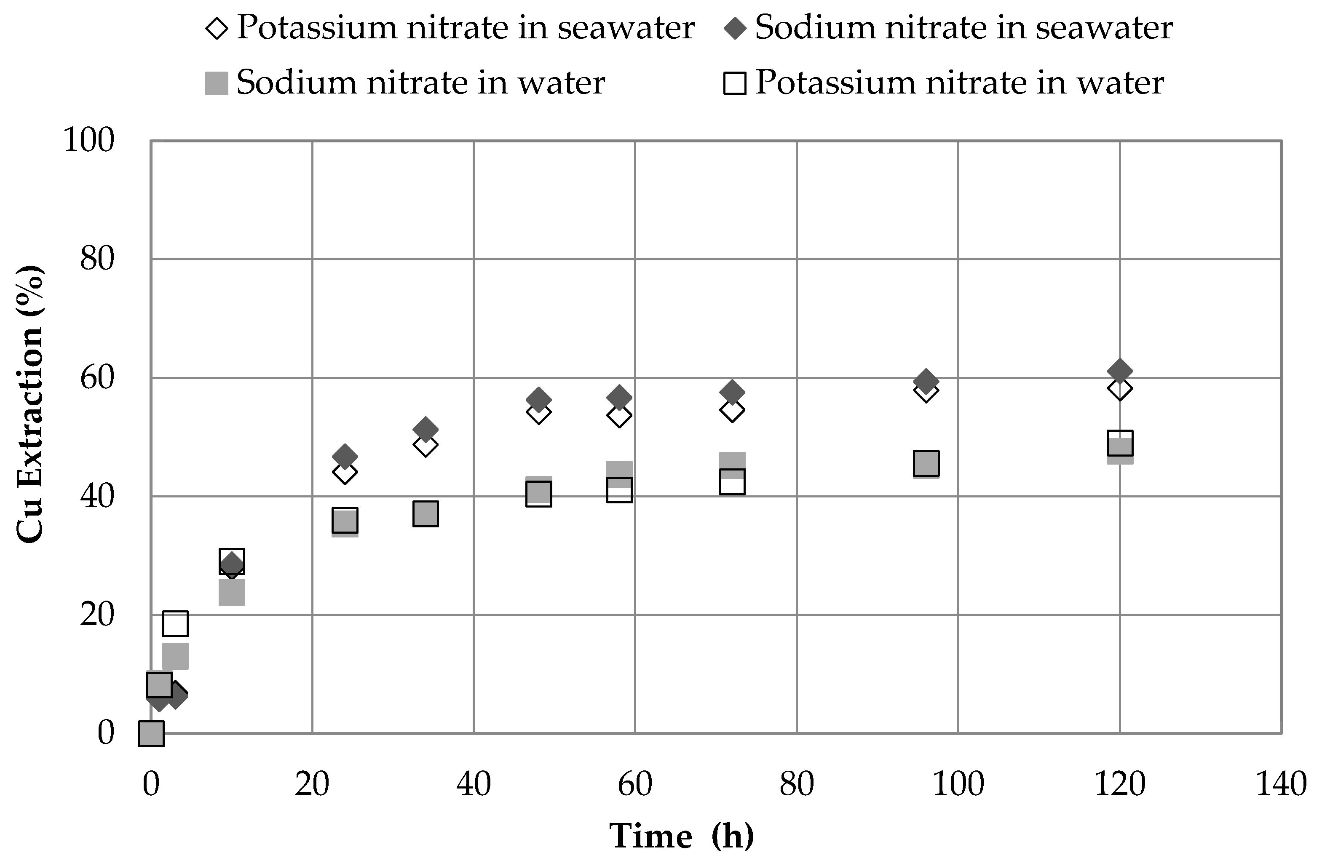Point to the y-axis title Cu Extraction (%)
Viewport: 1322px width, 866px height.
[29, 404]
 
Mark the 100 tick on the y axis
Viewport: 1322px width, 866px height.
[89, 140]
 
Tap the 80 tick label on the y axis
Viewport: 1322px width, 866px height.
[97, 259]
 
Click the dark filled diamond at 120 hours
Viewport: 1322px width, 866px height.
[1120, 371]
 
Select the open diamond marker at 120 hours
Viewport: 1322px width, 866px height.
[1120, 389]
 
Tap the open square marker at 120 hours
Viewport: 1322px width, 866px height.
[1120, 443]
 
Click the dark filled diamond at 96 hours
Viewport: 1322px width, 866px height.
[926, 381]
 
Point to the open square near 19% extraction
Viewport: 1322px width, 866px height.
[175, 623]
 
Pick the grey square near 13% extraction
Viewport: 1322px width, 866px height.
[175, 656]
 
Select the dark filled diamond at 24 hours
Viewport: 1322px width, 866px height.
[344, 457]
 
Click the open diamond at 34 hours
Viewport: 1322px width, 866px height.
[426, 445]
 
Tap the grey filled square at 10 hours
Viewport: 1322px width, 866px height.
[232, 593]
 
